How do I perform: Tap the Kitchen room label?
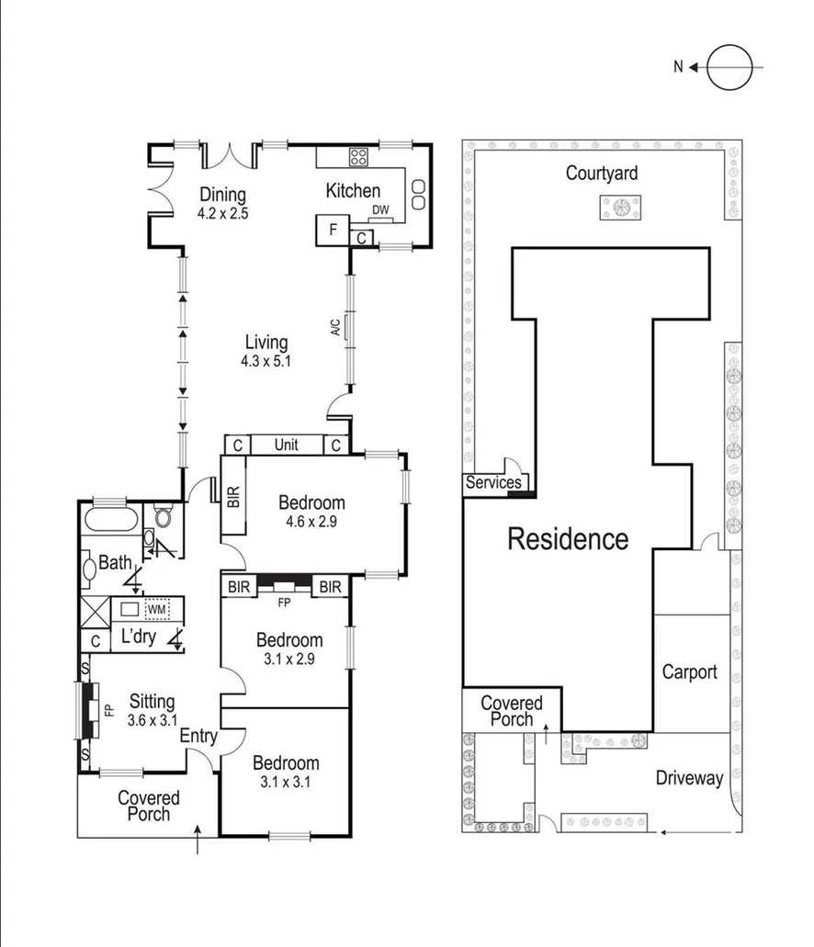click(353, 191)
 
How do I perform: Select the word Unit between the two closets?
click(287, 445)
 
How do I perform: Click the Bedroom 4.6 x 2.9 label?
click(312, 512)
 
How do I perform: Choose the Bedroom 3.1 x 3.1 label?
click(286, 772)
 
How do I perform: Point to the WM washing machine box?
click(156, 609)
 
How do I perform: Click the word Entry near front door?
click(198, 736)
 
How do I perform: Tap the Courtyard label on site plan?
click(602, 173)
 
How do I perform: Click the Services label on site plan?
click(493, 483)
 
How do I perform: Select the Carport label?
click(689, 671)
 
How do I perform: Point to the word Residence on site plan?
click(568, 539)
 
